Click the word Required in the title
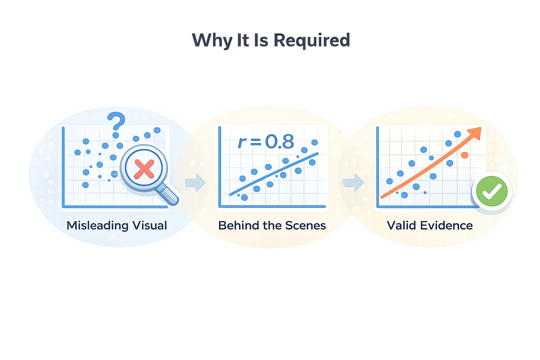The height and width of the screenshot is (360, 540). click(x=311, y=40)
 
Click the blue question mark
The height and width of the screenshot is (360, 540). click(x=116, y=121)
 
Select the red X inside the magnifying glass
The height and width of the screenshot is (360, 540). click(x=144, y=169)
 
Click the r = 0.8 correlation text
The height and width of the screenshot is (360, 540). click(x=266, y=142)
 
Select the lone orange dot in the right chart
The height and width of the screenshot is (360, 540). click(x=464, y=155)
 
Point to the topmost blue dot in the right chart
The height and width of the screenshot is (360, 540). click(x=457, y=134)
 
